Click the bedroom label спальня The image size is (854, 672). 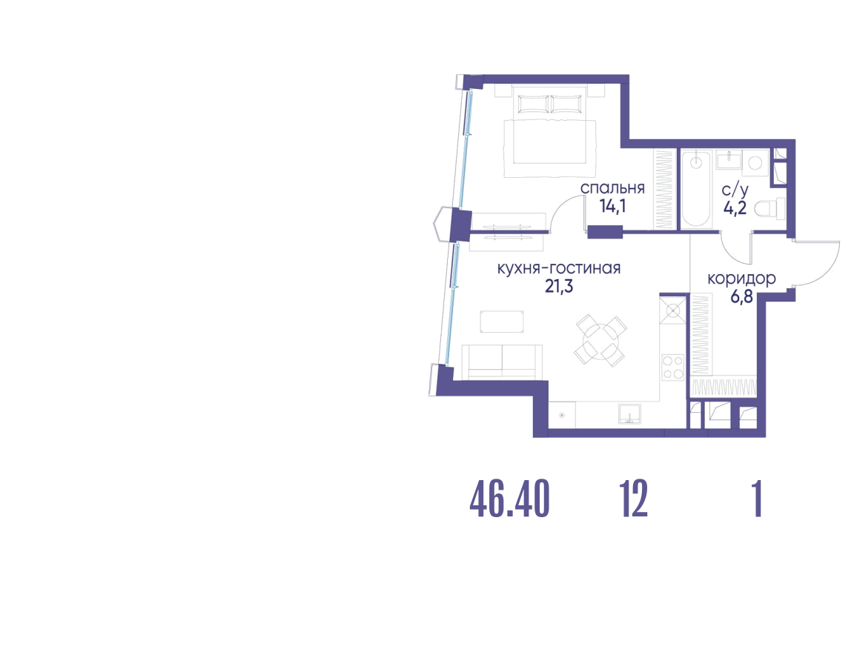(612, 188)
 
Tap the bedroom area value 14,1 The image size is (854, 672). (612, 206)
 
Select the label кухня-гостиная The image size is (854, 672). (559, 268)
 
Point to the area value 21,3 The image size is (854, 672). (559, 286)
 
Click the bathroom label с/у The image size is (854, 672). (735, 190)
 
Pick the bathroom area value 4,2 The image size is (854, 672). (735, 207)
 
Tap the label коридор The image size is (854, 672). (741, 279)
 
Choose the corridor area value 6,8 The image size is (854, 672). (741, 296)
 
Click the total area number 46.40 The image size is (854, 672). (509, 499)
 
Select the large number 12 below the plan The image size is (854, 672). (633, 499)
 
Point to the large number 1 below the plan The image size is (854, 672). (756, 499)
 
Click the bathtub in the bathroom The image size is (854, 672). (696, 189)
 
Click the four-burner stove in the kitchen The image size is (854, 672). (672, 367)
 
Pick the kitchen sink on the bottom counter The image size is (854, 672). (629, 413)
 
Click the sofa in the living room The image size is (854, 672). (502, 362)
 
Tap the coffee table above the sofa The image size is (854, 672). (502, 321)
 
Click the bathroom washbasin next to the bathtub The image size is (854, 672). (728, 162)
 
